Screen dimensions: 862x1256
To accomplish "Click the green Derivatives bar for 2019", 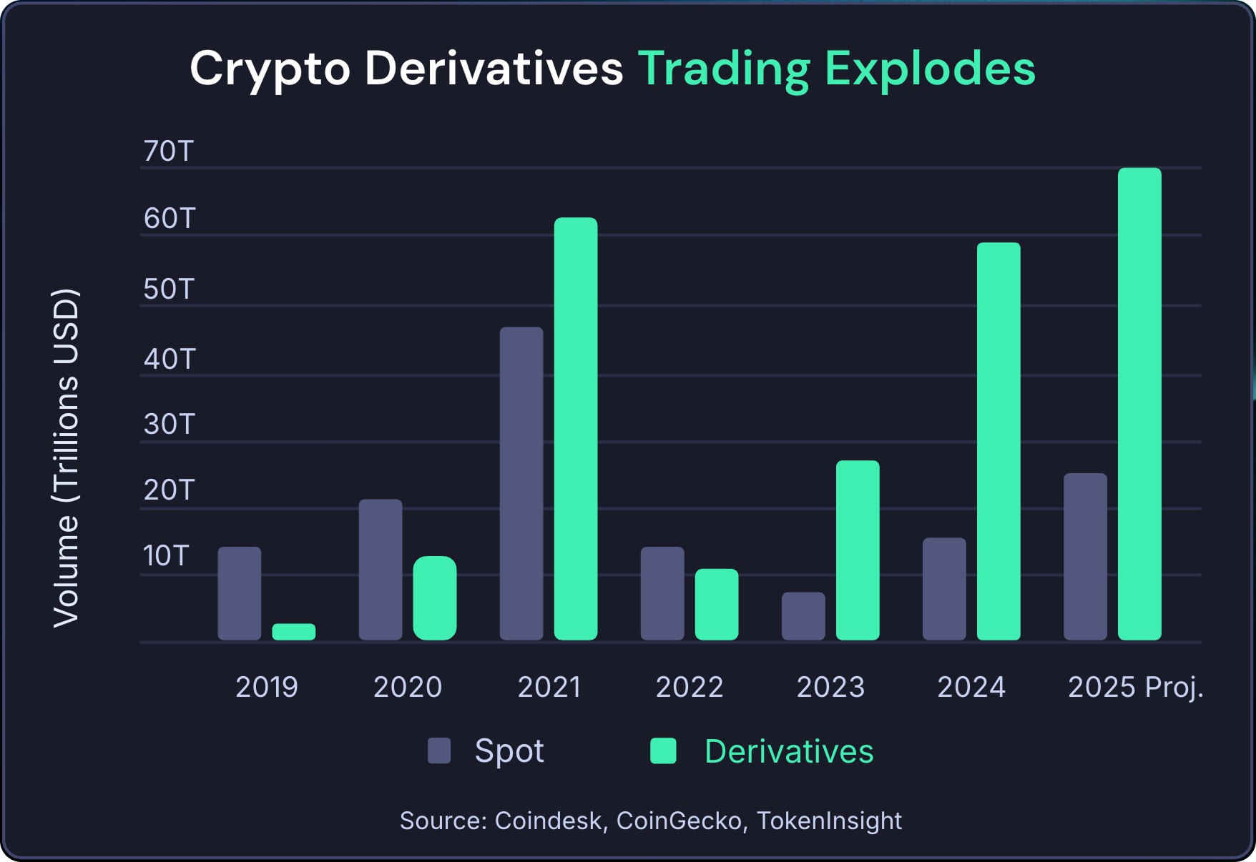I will point(293,632).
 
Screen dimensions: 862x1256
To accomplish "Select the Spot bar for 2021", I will point(521,483).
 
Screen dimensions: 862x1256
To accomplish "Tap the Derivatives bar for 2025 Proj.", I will point(1139,404).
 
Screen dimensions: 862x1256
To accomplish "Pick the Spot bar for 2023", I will point(803,616).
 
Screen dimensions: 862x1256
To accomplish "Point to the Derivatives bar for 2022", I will point(716,604).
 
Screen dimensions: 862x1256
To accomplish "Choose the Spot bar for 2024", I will point(944,589).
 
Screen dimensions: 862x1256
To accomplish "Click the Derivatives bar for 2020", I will point(434,598).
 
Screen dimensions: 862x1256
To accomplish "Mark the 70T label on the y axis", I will point(169,152).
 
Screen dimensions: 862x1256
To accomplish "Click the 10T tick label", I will point(166,556).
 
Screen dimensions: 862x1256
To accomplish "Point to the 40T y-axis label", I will point(169,359).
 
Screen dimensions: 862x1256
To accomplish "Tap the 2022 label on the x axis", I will point(690,688).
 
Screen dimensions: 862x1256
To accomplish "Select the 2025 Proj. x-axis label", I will point(1135,688).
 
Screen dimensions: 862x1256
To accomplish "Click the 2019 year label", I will point(266,688).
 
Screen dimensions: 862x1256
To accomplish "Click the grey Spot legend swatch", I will point(439,750).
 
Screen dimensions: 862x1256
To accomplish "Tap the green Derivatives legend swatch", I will point(663,750).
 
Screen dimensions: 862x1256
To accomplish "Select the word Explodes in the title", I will point(930,69).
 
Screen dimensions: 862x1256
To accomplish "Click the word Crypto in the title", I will point(270,69).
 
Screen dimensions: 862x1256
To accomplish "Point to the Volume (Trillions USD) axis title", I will point(66,458).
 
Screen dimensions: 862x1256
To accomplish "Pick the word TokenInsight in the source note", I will point(829,821).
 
